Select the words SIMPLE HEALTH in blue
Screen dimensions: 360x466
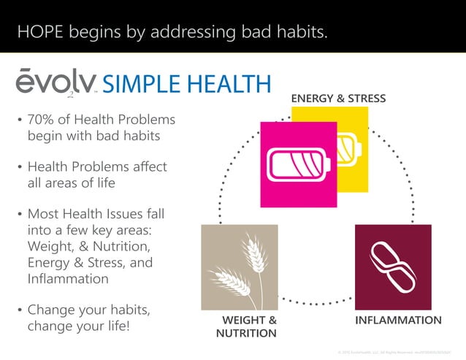(x=186, y=83)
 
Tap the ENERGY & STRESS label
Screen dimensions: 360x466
(x=338, y=98)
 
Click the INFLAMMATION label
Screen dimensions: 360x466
(x=398, y=320)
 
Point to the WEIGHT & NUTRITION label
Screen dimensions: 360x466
(x=247, y=326)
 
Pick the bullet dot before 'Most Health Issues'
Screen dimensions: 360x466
(x=20, y=215)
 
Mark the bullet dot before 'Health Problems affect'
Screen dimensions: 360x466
(x=20, y=167)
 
